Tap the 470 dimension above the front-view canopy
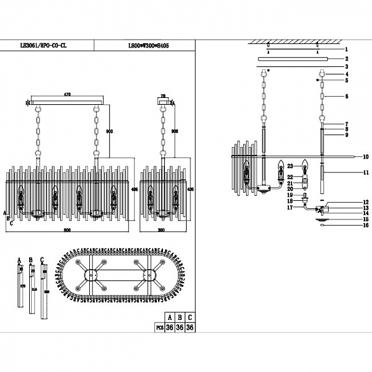pos(66,94)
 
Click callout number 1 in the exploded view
pos(347,48)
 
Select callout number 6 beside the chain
pos(347,97)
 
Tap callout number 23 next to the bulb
pos(290,166)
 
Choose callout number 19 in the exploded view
pos(290,195)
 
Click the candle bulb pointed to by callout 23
pos(304,166)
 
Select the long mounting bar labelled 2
pos(294,59)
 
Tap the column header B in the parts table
pos(179,316)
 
